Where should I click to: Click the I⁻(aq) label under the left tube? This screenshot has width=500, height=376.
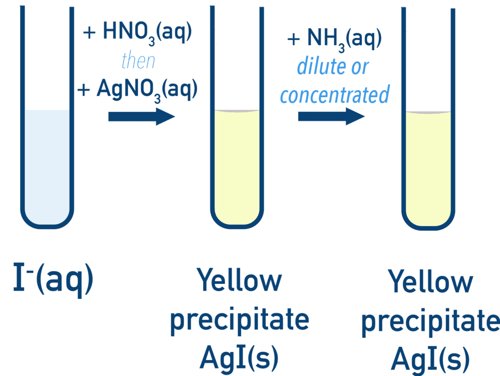tap(53, 281)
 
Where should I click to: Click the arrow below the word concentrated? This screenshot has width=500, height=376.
tap(331, 116)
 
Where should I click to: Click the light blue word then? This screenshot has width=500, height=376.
tap(138, 62)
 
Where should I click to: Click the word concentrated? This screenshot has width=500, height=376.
tap(334, 94)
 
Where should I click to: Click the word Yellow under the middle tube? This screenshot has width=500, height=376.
tap(239, 281)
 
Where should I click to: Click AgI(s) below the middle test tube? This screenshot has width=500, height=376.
tap(239, 357)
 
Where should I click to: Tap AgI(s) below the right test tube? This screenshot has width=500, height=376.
tap(430, 357)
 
